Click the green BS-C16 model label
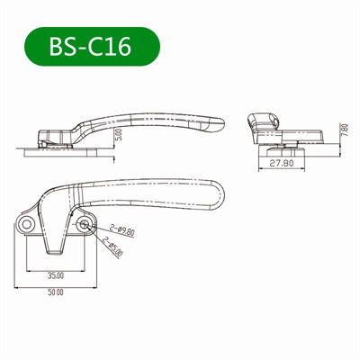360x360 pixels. (x=91, y=47)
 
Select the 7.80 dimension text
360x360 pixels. (x=344, y=130)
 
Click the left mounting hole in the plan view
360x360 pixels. (x=27, y=222)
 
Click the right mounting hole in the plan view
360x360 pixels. (x=84, y=222)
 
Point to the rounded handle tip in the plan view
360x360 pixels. (x=217, y=190)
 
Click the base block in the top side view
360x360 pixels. (x=54, y=137)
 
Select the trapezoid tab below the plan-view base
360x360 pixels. (x=55, y=245)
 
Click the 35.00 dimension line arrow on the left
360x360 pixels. (x=30, y=268)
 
